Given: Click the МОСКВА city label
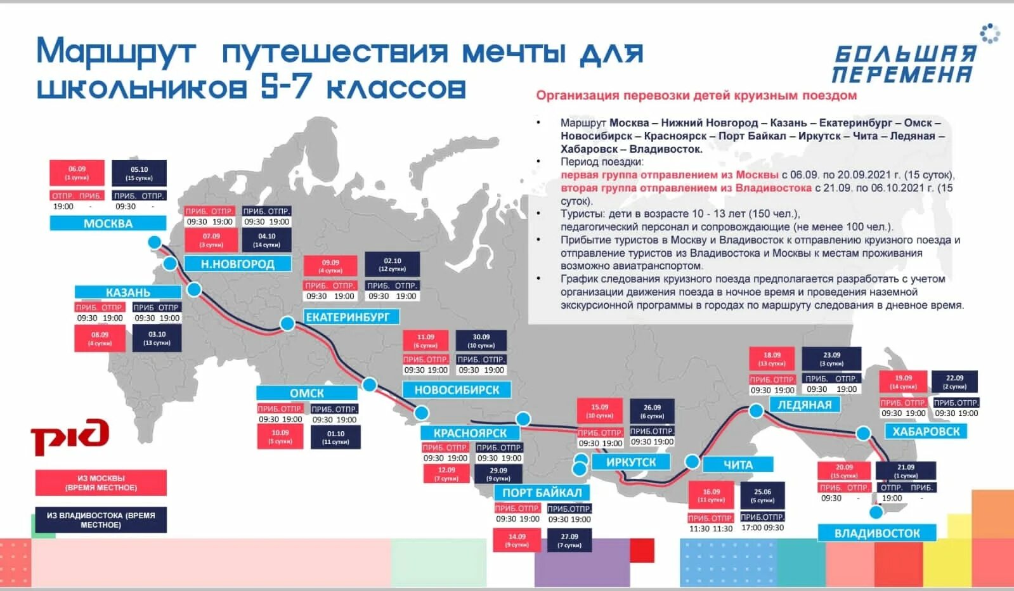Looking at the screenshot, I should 108,223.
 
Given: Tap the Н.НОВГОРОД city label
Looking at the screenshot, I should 238,264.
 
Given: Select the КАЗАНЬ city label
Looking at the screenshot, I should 128,292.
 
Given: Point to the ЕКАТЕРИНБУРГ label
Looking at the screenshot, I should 348,316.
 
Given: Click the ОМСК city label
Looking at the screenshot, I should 307,393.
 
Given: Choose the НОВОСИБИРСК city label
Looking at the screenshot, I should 457,390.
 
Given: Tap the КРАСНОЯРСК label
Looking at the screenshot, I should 470,433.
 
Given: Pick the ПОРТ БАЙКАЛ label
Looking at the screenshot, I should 542,493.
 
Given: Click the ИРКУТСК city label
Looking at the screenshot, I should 630,462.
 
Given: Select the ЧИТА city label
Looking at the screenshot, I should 738,465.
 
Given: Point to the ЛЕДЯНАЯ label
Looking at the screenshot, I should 805,405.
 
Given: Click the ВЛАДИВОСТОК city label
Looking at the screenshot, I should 877,533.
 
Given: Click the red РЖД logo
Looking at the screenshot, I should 70,436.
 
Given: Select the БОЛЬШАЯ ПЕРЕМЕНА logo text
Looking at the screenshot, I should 904,64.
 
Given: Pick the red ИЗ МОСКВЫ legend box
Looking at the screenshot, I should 101,483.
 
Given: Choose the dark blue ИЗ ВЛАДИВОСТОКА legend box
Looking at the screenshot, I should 101,519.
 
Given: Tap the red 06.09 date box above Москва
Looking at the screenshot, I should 77,173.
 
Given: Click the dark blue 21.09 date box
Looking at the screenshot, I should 906,471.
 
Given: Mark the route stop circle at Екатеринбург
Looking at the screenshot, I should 287,324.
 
